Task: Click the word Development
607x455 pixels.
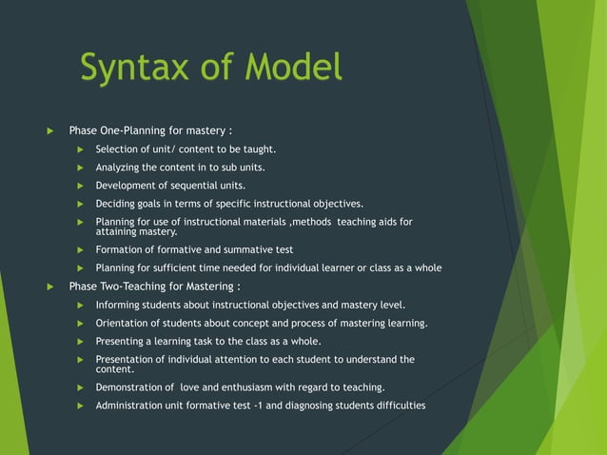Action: (x=127, y=186)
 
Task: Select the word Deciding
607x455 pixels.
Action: (x=117, y=204)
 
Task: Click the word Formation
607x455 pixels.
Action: (x=120, y=249)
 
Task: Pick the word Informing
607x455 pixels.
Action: (x=120, y=305)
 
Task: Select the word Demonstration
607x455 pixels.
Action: (x=133, y=387)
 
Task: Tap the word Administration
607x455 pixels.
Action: (x=132, y=406)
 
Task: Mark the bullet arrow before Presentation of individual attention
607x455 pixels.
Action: (x=82, y=360)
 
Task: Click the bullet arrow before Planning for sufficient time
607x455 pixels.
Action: (x=82, y=268)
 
